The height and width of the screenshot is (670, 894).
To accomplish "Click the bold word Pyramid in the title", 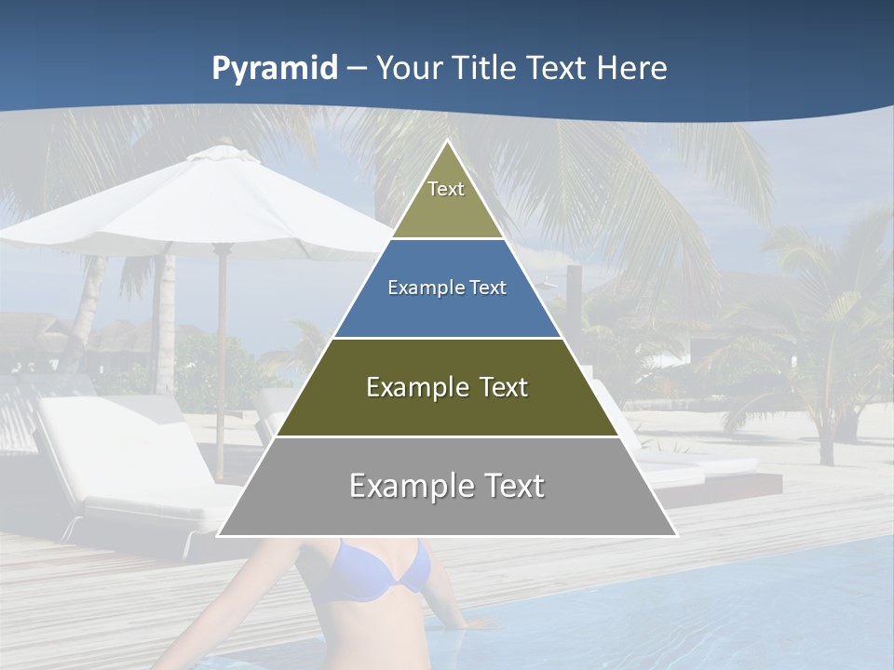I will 275,69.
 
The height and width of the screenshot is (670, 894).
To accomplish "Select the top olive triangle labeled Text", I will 447,200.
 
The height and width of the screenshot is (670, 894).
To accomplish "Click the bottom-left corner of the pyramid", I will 218,535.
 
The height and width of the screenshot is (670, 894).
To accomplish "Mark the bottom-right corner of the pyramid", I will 676,535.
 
